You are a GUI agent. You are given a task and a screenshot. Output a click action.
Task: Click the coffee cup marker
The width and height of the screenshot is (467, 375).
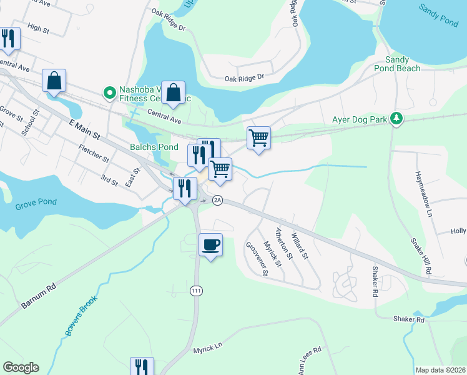[210, 244]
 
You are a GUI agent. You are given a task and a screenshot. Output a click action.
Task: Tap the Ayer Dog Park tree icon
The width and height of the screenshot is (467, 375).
[395, 117]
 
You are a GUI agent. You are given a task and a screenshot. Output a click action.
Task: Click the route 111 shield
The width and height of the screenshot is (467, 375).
[197, 291]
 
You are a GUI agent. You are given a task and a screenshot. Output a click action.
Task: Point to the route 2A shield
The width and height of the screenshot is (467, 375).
[217, 200]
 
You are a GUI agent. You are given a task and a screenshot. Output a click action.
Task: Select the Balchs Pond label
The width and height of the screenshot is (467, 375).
[145, 147]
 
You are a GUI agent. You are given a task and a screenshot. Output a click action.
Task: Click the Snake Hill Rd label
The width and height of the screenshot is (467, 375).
[421, 257]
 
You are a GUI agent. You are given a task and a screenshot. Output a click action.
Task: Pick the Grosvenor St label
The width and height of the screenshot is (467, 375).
[257, 259]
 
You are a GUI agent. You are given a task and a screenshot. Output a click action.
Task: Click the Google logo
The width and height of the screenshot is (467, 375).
[21, 367]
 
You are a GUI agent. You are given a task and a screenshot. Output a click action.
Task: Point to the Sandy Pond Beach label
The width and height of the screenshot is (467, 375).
[397, 64]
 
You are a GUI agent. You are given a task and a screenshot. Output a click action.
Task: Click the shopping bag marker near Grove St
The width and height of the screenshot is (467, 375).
[54, 81]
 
